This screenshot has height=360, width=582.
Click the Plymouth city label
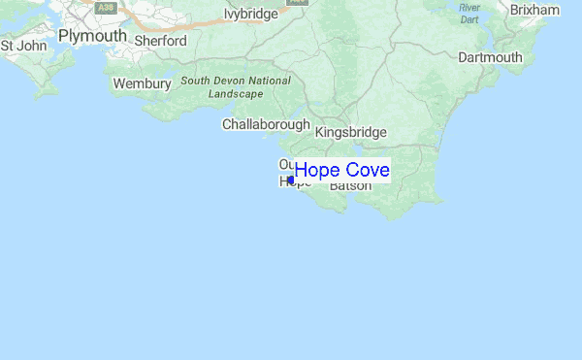pyautogui.click(x=92, y=36)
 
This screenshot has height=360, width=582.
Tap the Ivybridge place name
pyautogui.click(x=251, y=14)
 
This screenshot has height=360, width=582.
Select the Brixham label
pyautogui.click(x=534, y=10)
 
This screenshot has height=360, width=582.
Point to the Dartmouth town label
pyautogui.click(x=490, y=57)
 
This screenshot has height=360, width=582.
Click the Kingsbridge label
pyautogui.click(x=351, y=132)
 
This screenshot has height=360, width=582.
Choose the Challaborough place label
pyautogui.click(x=266, y=124)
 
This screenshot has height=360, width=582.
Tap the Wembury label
pyautogui.click(x=142, y=84)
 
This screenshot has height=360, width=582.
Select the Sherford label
pyautogui.click(x=161, y=41)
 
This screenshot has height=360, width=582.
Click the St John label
pyautogui.click(x=23, y=46)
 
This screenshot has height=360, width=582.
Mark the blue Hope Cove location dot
pyautogui.click(x=291, y=180)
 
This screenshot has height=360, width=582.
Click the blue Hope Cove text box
pyautogui.click(x=342, y=171)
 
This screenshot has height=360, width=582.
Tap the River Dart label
pyautogui.click(x=469, y=13)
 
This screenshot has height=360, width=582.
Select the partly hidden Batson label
pyautogui.click(x=350, y=185)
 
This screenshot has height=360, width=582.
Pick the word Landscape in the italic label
pyautogui.click(x=237, y=94)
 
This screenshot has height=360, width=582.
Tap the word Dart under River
pyautogui.click(x=469, y=19)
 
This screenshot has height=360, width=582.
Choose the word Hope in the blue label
pyautogui.click(x=315, y=171)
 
